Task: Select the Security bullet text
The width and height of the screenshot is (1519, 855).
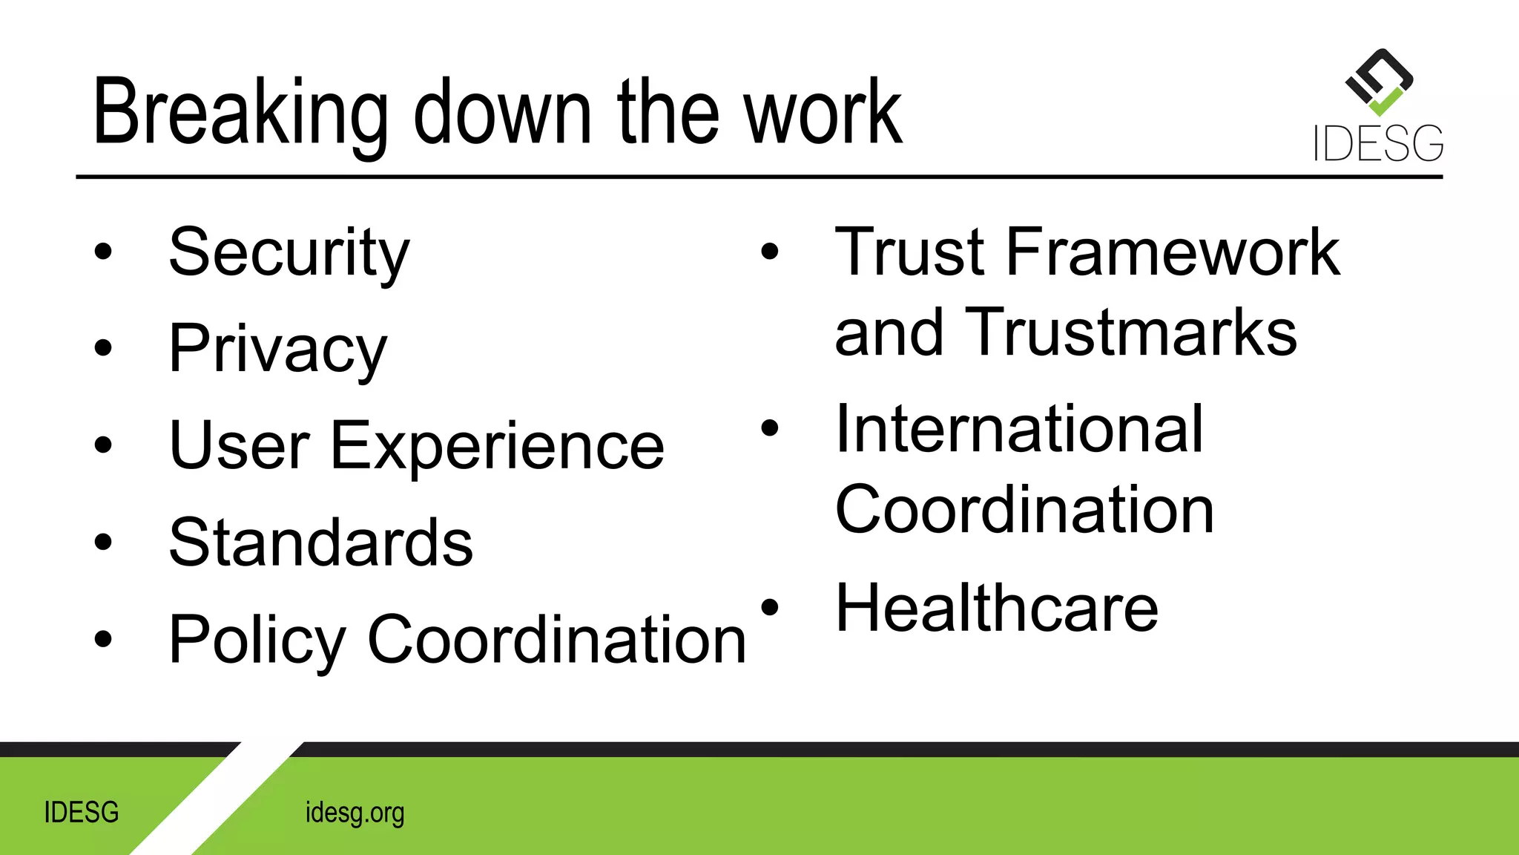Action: (x=289, y=253)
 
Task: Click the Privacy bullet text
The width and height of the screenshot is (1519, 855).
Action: (x=278, y=349)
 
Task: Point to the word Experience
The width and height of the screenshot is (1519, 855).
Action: (x=497, y=446)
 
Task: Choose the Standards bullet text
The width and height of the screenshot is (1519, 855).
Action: (x=320, y=543)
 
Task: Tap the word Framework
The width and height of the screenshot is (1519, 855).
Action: (x=1173, y=252)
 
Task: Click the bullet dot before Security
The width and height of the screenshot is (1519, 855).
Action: (x=103, y=252)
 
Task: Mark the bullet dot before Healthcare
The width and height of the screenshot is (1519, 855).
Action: (x=770, y=607)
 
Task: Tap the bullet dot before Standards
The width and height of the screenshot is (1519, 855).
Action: (x=103, y=542)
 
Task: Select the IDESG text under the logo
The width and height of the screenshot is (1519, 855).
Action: (x=1378, y=144)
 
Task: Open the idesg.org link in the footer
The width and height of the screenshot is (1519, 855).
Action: (x=355, y=813)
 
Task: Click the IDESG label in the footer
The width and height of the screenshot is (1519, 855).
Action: (x=82, y=813)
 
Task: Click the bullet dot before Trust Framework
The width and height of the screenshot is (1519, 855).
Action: (x=770, y=252)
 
